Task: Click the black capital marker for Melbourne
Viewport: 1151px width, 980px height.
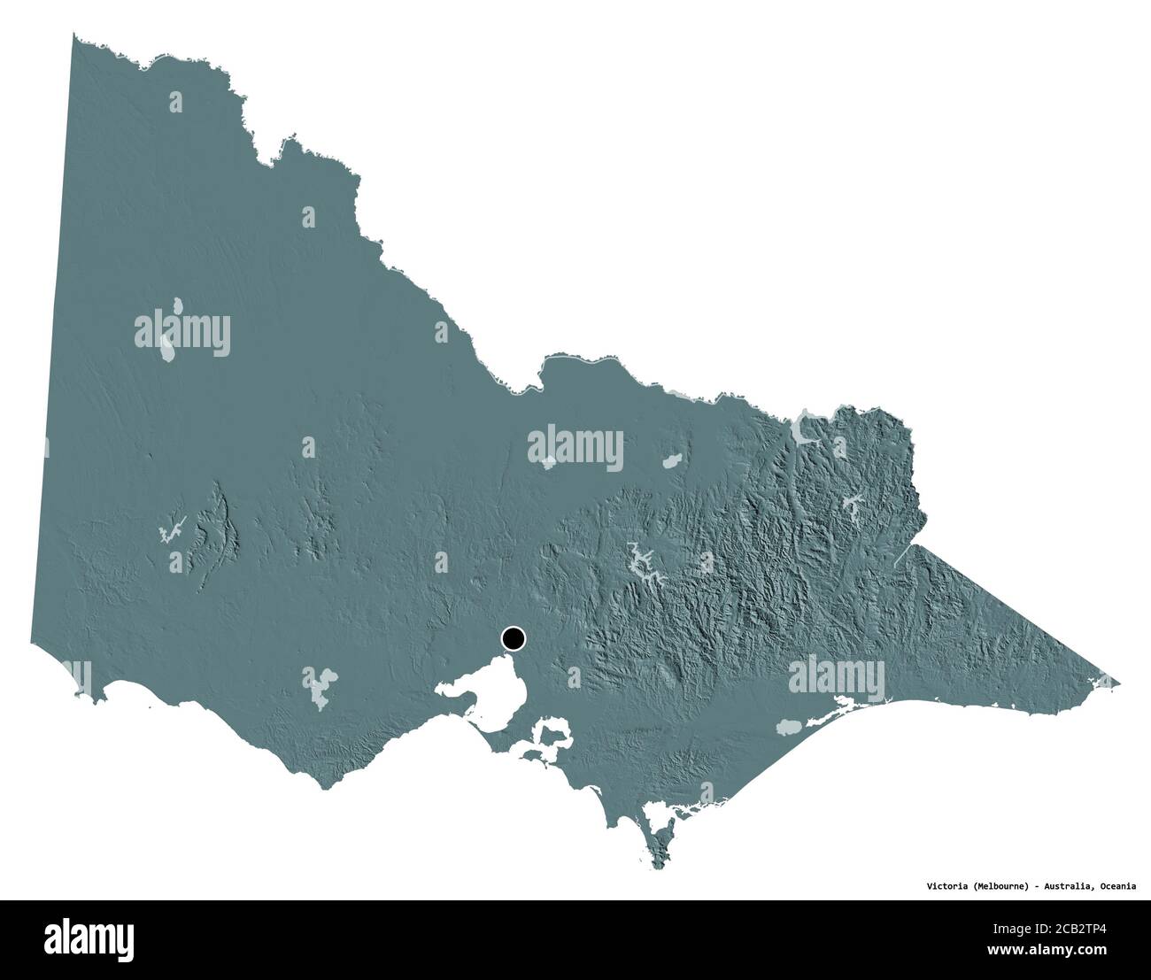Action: (x=513, y=637)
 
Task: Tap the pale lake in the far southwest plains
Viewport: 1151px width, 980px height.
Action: (x=320, y=682)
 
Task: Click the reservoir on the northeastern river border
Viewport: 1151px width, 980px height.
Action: (x=807, y=429)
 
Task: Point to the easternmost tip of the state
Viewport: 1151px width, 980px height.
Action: (x=1118, y=683)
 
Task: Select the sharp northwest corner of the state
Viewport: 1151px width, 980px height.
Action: (x=74, y=35)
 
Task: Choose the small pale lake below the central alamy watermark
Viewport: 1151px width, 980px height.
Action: (x=549, y=460)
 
